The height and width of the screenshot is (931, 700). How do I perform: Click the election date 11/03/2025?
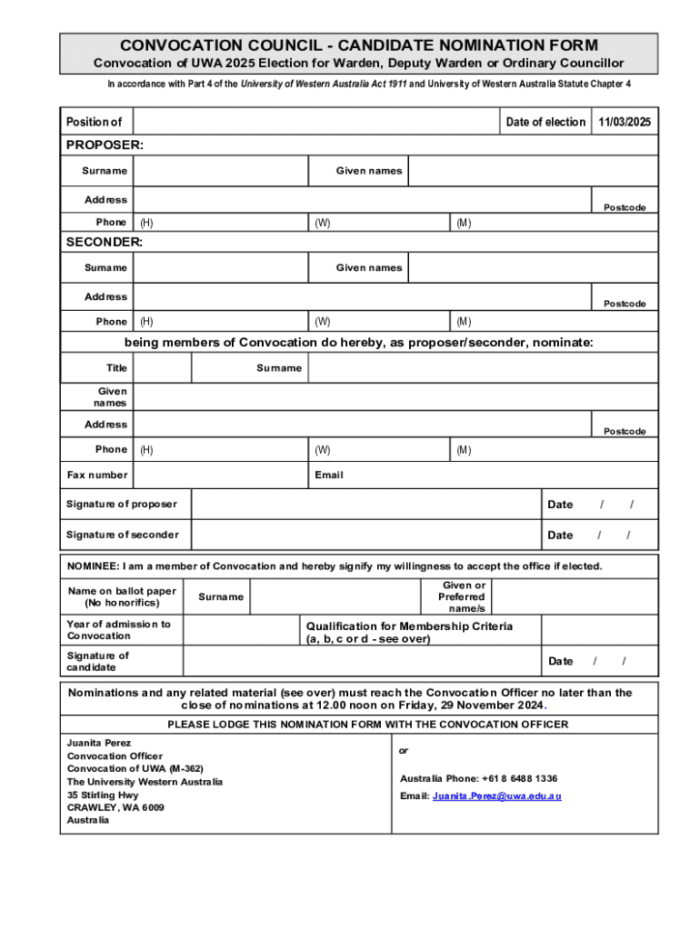[625, 122]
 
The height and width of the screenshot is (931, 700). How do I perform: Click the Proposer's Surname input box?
[221, 171]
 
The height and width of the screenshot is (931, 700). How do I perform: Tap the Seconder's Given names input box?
[532, 267]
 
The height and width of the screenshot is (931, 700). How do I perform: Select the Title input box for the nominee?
[163, 368]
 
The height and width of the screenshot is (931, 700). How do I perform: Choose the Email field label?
[329, 475]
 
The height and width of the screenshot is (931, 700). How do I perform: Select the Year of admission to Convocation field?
[242, 630]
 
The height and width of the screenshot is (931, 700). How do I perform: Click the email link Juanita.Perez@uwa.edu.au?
[496, 796]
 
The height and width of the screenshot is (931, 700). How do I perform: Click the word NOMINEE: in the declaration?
[94, 566]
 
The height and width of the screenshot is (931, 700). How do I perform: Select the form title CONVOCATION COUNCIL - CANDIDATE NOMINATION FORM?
[359, 45]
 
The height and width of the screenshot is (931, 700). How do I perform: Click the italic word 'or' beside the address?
[404, 751]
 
